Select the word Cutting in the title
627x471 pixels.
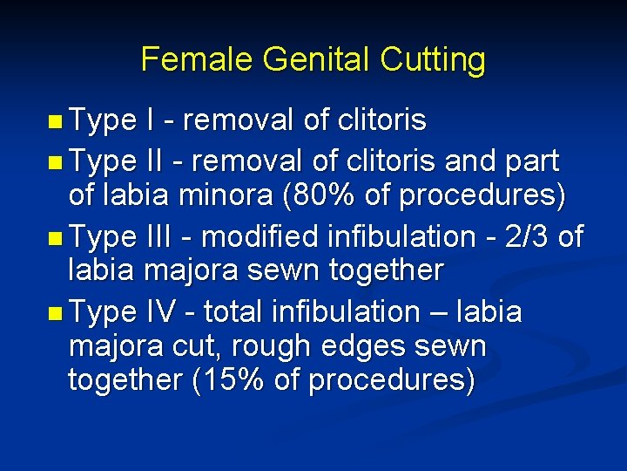click(x=433, y=59)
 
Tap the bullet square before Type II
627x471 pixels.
click(x=55, y=161)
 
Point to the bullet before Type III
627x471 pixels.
click(x=55, y=236)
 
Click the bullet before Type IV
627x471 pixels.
click(x=55, y=312)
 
